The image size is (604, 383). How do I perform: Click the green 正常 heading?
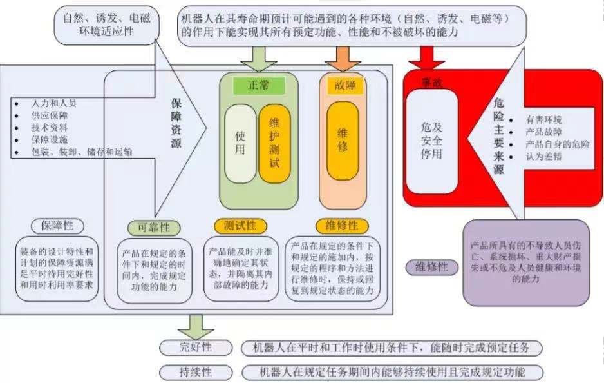[x=259, y=84]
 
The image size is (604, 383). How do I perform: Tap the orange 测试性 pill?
[x=240, y=226]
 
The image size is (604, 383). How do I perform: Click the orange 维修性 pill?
[x=342, y=226]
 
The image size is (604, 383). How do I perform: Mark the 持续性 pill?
[x=195, y=372]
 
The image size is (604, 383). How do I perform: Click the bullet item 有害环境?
[x=544, y=120]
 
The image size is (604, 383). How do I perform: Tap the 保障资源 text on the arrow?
[x=176, y=123]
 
